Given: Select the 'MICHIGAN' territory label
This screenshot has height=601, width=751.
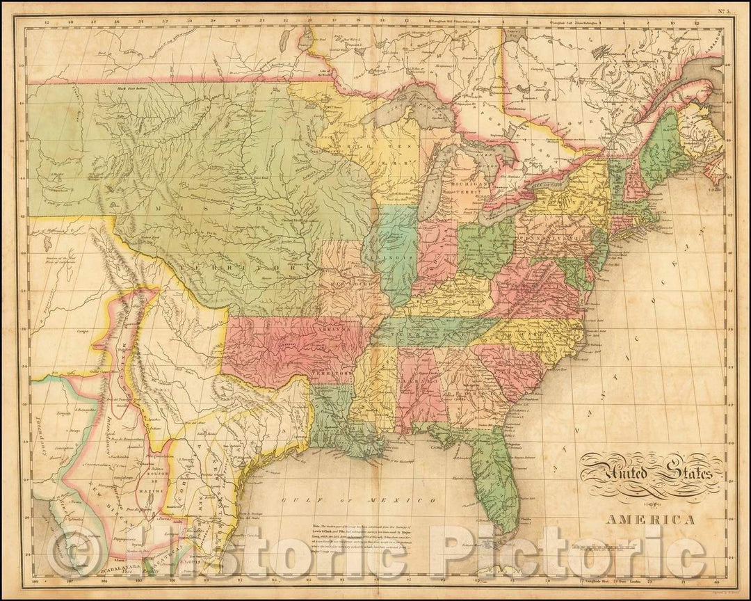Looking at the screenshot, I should pyautogui.click(x=462, y=180).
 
